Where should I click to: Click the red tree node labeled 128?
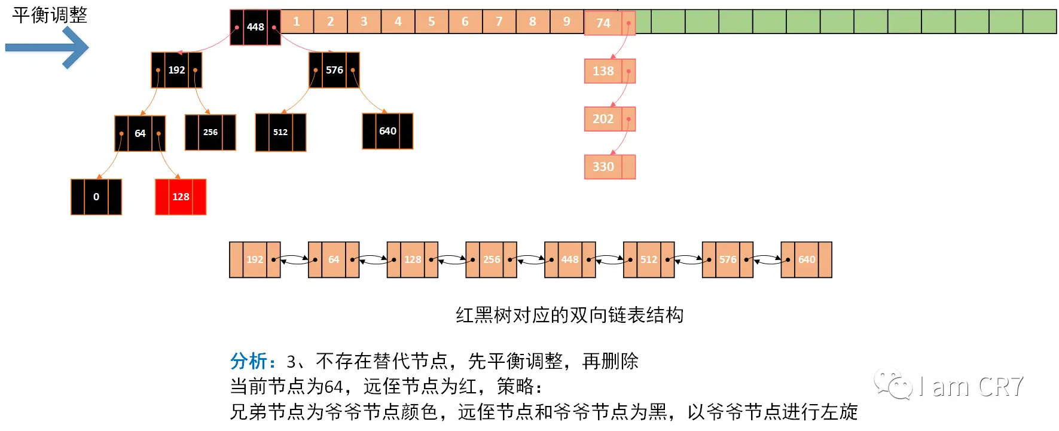[x=181, y=197]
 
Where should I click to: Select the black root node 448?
[x=255, y=27]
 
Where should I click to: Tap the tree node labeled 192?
[x=176, y=70]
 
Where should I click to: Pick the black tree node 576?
[x=334, y=70]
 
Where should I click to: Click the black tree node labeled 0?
[x=96, y=197]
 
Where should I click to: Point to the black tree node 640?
[x=387, y=131]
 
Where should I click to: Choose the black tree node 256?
[x=210, y=132]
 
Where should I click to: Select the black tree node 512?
[x=280, y=132]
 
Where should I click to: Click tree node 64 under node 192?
[x=140, y=133]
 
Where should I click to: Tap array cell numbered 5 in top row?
[x=431, y=22]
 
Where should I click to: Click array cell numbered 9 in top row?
[x=566, y=22]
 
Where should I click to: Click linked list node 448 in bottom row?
[x=570, y=259]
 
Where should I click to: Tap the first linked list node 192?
[x=255, y=259]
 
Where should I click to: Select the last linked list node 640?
[x=806, y=259]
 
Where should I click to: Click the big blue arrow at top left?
[x=48, y=47]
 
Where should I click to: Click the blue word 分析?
[x=249, y=361]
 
